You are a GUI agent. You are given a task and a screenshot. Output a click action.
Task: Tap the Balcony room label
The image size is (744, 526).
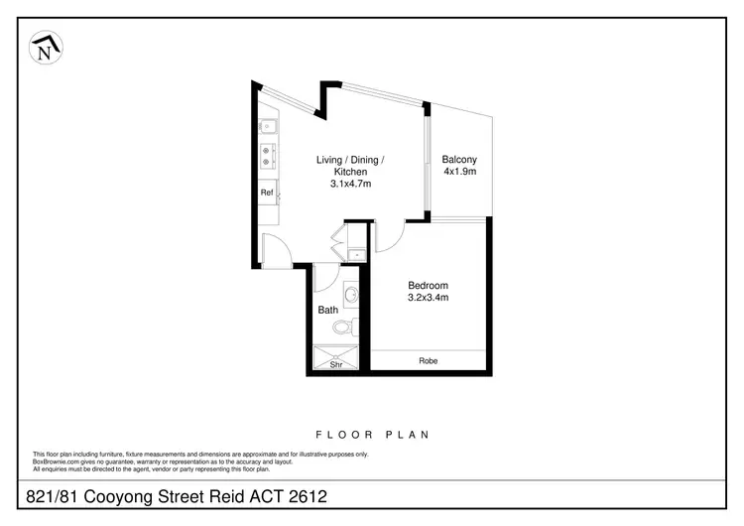[x=459, y=160]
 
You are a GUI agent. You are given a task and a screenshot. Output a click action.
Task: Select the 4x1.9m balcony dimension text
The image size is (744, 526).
[x=459, y=172]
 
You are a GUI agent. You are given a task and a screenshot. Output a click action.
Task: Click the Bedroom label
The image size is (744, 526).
[x=429, y=285]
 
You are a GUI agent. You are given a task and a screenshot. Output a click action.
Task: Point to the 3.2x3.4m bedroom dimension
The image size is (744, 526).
[x=429, y=297]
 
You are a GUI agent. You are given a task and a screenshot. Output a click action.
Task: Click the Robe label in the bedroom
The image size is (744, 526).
[x=428, y=361]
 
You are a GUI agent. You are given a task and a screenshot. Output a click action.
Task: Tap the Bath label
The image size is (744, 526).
[x=327, y=310]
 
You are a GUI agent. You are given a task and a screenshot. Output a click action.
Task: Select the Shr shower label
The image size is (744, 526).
[x=337, y=364]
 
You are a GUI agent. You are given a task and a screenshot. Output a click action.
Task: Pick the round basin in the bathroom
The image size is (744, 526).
[x=351, y=294]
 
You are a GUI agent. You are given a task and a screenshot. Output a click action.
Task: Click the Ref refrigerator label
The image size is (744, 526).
[x=266, y=193]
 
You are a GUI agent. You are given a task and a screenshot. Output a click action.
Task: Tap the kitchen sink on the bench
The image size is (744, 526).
[x=267, y=127]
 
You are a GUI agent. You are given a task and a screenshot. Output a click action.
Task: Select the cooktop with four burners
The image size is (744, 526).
[x=267, y=157]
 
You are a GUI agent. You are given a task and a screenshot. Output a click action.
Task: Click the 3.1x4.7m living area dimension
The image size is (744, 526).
[x=350, y=184]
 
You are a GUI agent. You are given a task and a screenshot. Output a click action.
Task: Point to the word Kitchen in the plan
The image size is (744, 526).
[x=350, y=172]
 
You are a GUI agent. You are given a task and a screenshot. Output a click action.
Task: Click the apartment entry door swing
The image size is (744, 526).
[x=275, y=251]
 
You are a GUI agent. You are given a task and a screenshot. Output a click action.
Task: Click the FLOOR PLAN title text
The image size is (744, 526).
[x=372, y=434]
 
